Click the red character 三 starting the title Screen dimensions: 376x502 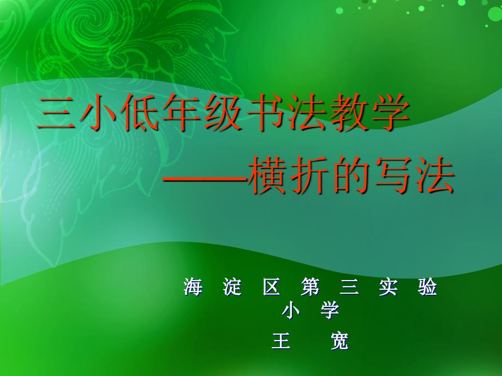tap(56, 113)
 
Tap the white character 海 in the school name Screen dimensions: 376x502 tap(193, 287)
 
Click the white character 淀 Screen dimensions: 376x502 tap(232, 287)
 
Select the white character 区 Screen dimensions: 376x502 tap(271, 287)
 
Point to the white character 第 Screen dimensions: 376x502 tap(310, 287)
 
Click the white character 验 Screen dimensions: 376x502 tap(428, 287)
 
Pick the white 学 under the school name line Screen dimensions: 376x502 tap(330, 310)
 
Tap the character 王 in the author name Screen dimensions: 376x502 tap(281, 341)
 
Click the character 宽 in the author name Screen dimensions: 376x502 tap(339, 341)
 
